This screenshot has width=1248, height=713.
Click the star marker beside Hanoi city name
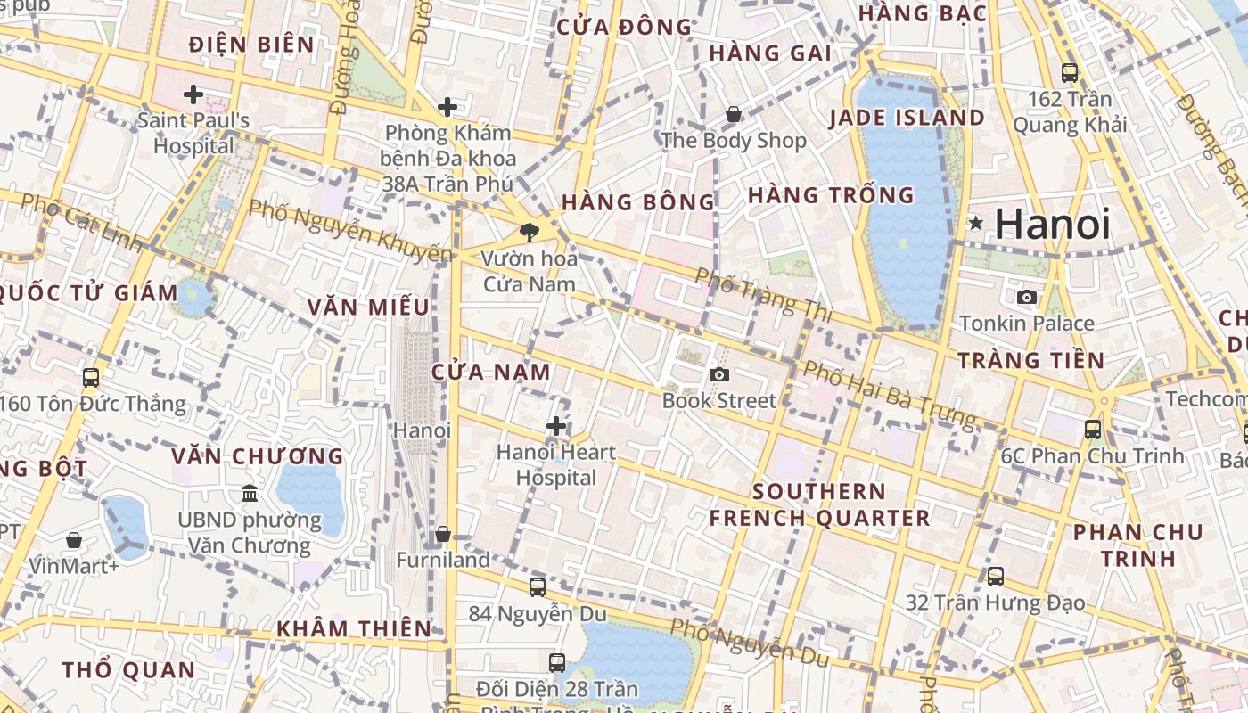[976, 223]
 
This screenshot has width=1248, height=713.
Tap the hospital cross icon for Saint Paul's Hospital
[193, 94]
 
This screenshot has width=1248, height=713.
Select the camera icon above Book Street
[718, 374]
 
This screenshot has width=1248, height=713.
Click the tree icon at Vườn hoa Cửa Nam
[530, 233]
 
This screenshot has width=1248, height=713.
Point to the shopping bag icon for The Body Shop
[733, 114]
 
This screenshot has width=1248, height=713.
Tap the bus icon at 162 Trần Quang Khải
[1069, 73]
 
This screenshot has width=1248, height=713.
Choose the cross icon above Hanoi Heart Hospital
[556, 426]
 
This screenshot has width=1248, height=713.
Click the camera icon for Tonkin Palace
[1027, 297]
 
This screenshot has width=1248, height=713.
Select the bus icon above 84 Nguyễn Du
[537, 586]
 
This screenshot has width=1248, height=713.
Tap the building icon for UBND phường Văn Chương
[250, 493]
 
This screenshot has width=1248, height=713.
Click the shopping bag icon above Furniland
[442, 534]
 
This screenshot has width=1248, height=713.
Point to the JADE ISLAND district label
[907, 118]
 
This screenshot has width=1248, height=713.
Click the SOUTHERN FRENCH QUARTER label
[819, 504]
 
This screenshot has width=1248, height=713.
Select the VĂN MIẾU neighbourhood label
[368, 307]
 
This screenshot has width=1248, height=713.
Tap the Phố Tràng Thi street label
[763, 295]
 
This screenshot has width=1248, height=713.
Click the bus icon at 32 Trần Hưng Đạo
[995, 576]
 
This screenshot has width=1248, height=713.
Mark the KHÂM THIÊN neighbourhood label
[354, 628]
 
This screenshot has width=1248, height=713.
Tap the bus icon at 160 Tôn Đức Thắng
[90, 377]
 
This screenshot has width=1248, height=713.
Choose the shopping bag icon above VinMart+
[74, 540]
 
